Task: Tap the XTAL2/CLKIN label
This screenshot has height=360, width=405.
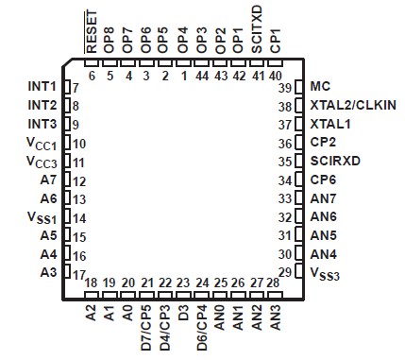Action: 352,105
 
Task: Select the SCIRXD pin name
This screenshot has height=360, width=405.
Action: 334,161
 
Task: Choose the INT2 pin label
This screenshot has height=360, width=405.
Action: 42,105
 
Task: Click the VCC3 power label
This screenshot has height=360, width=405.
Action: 42,162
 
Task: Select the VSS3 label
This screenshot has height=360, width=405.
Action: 325,273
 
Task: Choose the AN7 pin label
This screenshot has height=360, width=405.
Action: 323,198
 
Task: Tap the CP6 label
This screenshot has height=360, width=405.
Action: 323,180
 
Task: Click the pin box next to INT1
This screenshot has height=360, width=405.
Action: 66,87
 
